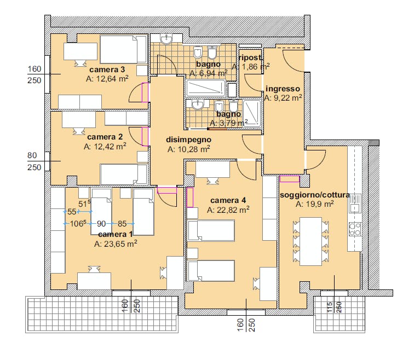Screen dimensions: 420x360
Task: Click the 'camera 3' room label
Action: point(107,69)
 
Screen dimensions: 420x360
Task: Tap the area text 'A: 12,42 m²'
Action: point(105,147)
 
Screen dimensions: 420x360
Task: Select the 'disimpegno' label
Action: point(188,140)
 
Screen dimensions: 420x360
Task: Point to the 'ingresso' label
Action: point(283,89)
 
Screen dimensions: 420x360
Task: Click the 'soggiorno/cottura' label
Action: point(315,195)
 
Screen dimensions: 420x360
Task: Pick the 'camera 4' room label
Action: point(228,200)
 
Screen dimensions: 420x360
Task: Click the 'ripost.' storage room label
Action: point(250,57)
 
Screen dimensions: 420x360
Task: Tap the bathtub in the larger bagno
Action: point(206,88)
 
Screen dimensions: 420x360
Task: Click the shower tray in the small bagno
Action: point(252,112)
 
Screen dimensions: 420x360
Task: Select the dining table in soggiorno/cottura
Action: point(310,241)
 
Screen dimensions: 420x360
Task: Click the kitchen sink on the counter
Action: point(355,204)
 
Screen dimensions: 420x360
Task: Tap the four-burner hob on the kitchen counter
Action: point(355,229)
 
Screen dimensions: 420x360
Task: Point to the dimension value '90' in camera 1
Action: point(101,223)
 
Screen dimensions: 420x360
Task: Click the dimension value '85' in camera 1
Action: point(122,223)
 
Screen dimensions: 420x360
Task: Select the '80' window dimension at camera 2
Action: point(32,155)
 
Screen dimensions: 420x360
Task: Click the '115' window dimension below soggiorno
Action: point(330,307)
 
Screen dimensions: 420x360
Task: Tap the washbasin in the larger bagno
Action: point(166,39)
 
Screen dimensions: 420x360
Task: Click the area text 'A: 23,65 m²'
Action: point(116,244)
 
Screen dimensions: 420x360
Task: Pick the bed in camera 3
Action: point(123,50)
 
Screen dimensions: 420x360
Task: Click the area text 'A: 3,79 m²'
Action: point(228,123)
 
